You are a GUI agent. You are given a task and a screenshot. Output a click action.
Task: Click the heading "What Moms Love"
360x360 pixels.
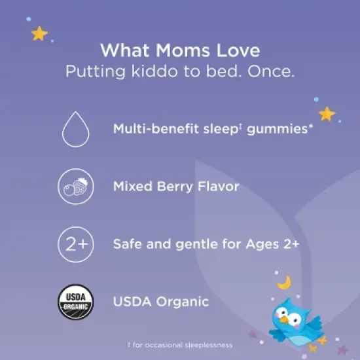pyautogui.click(x=179, y=50)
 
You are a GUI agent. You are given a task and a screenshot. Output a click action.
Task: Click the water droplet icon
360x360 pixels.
pyautogui.click(x=75, y=129)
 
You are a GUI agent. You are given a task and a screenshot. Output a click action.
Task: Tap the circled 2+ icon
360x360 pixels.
pyautogui.click(x=75, y=245)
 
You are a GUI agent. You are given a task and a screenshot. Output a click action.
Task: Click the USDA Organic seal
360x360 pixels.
pyautogui.click(x=75, y=302)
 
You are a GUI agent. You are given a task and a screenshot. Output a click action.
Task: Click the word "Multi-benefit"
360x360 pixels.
pyautogui.click(x=155, y=129)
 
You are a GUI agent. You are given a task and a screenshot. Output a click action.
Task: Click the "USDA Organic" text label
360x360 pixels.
pyautogui.click(x=161, y=302)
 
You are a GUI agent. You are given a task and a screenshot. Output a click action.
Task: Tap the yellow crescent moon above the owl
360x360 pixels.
pyautogui.click(x=285, y=282)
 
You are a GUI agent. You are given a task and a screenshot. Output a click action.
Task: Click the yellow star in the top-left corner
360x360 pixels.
pyautogui.click(x=39, y=34)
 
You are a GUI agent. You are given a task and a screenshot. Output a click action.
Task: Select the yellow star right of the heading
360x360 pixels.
pyautogui.click(x=327, y=114)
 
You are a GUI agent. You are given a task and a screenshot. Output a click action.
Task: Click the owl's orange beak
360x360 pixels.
pyautogui.click(x=285, y=321)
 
